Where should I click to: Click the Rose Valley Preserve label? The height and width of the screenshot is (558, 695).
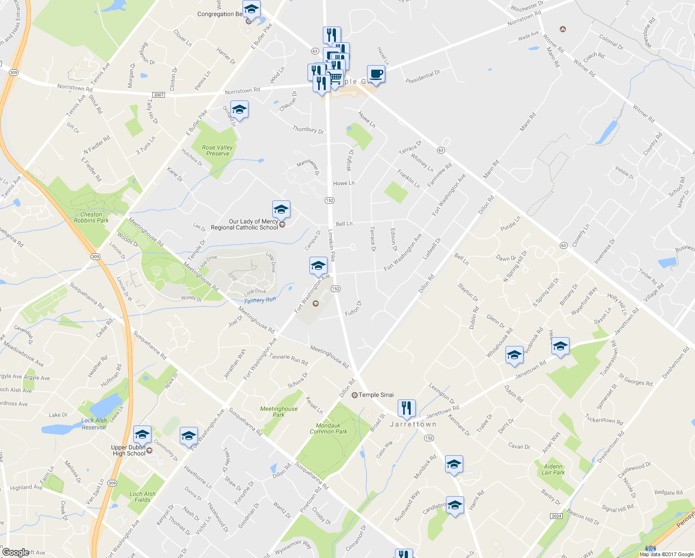click(217, 151)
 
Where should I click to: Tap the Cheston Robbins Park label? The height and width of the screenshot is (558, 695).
click(91, 218)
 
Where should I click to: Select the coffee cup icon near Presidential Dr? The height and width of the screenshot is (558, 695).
click(376, 74)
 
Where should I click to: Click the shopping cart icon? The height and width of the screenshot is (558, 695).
click(335, 77)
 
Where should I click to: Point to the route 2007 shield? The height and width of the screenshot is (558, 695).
click(159, 95)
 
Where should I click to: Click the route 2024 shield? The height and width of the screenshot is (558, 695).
click(556, 516)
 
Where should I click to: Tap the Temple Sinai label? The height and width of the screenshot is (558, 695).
click(376, 395)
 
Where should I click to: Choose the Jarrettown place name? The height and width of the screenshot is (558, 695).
click(413, 424)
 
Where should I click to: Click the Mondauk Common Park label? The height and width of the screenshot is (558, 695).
click(328, 429)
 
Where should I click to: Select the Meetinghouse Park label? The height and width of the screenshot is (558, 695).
click(279, 412)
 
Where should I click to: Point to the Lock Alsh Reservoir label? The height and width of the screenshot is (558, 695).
click(94, 424)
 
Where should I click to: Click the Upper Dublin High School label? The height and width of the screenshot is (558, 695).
click(129, 451)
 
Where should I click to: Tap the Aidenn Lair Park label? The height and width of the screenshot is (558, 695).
click(553, 470)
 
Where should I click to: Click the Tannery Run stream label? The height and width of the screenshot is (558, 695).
click(260, 300)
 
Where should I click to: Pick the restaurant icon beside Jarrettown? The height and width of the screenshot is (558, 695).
click(407, 408)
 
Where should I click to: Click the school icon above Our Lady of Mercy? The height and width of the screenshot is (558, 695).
click(281, 210)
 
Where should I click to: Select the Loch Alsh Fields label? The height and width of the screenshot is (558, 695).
click(143, 497)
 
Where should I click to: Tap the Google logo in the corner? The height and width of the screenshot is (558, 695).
click(15, 552)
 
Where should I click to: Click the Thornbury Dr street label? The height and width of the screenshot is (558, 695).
click(308, 130)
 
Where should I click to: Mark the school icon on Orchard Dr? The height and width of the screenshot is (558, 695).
click(239, 110)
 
